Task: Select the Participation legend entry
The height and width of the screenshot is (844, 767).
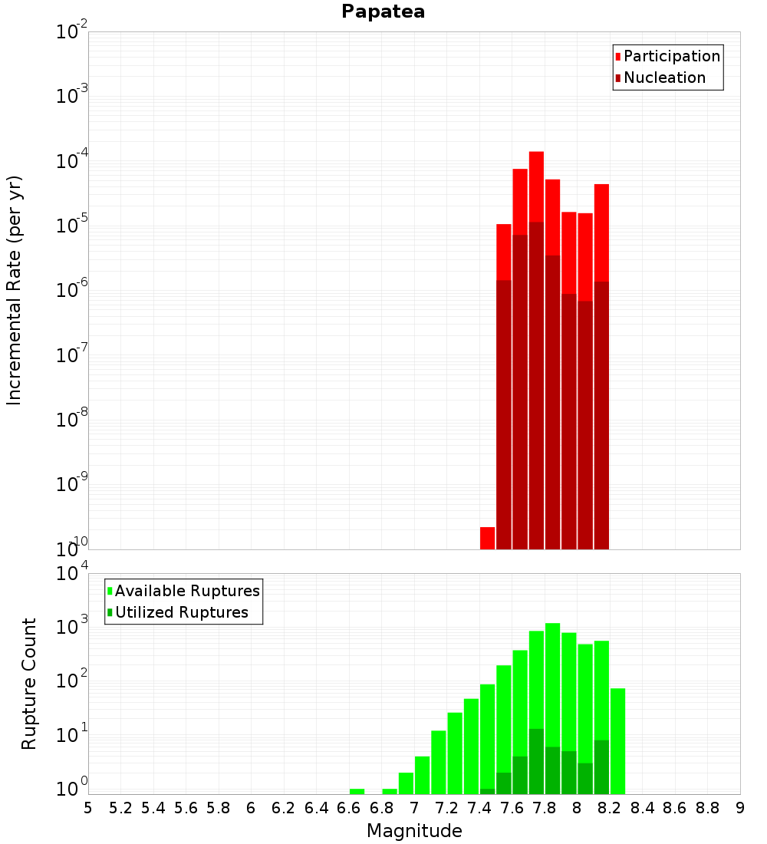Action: point(672,56)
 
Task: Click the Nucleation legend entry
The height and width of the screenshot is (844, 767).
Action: point(664,77)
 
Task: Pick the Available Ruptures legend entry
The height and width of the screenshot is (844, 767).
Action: point(187,591)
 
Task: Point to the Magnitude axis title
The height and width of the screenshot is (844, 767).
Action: point(414,831)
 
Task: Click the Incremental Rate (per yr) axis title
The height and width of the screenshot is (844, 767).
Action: point(15,291)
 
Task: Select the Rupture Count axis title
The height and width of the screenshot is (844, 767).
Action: point(29,684)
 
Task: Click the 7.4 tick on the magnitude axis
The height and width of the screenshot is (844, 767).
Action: point(479,808)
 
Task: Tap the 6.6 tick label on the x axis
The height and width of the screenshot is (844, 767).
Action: point(349,808)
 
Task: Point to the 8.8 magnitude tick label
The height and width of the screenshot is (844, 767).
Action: point(707,808)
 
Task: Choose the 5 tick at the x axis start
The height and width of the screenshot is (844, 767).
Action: point(88,808)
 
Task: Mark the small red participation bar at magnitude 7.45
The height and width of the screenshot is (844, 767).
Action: point(487,537)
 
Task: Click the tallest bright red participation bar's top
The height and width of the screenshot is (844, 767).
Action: point(536,153)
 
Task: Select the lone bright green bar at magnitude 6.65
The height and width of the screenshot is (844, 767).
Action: point(357,791)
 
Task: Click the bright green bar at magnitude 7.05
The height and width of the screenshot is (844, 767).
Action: point(422,775)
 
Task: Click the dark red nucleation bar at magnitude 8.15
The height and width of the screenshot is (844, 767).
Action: point(601,414)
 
